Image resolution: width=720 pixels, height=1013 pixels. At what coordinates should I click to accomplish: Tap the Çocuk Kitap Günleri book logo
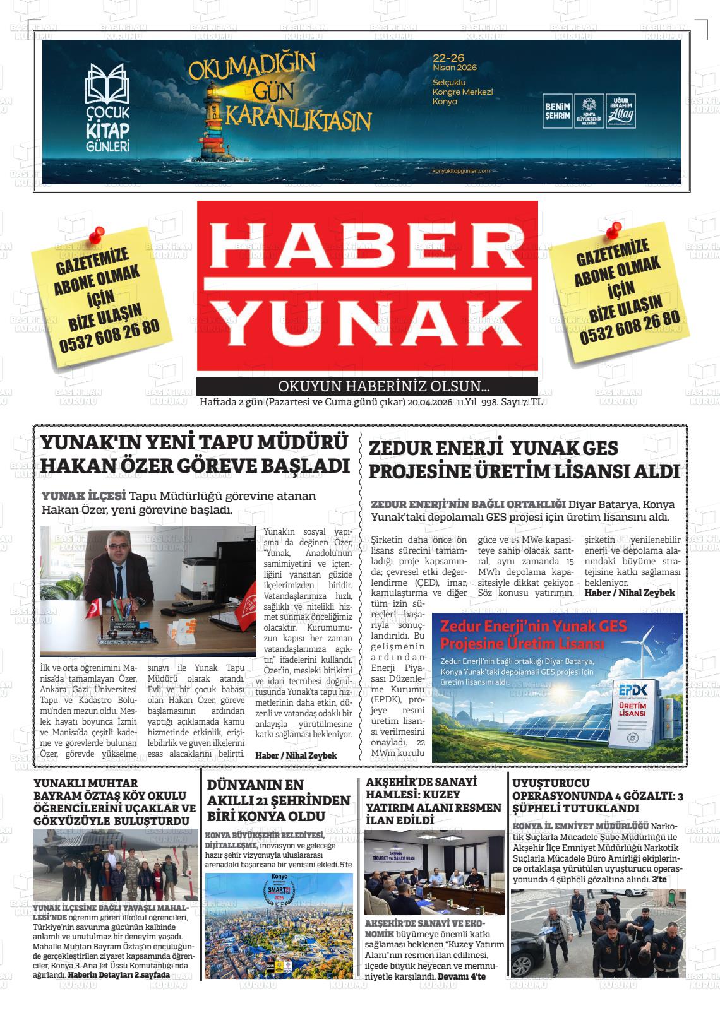pyautogui.click(x=107, y=82)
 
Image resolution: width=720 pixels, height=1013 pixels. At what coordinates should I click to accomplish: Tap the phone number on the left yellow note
pyautogui.click(x=110, y=336)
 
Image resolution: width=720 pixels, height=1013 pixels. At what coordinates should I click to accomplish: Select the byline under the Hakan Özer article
pyautogui.click(x=296, y=755)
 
